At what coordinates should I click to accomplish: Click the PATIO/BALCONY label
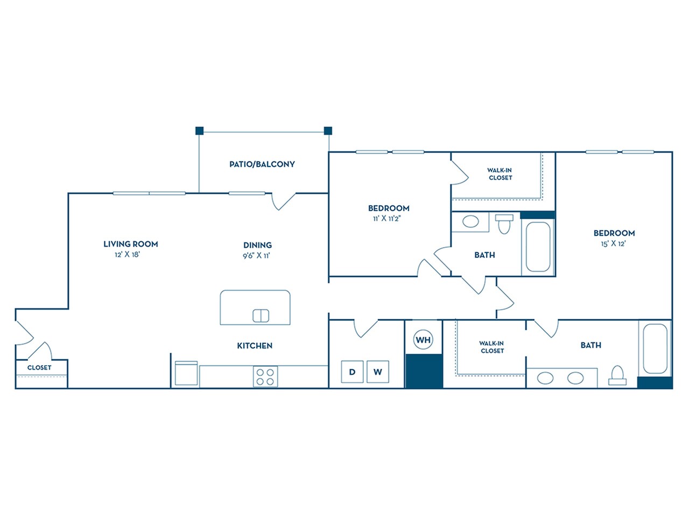[262, 164]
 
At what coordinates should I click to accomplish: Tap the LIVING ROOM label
[131, 244]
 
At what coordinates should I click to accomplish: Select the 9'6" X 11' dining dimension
[256, 256]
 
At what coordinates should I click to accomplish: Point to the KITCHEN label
[255, 346]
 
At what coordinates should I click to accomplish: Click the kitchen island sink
[261, 316]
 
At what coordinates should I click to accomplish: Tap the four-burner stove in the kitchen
[265, 376]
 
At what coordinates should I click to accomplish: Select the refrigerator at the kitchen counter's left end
[186, 373]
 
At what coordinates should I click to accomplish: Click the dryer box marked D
[353, 372]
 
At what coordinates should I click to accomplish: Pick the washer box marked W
[378, 372]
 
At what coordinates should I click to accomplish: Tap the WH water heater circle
[423, 340]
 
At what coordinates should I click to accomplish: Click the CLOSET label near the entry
[39, 368]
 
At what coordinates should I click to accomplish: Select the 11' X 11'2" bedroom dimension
[387, 219]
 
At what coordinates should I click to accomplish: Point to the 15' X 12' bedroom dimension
[613, 244]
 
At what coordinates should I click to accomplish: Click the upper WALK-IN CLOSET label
[500, 174]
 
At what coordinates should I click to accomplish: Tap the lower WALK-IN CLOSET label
[492, 347]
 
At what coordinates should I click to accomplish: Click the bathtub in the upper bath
[538, 247]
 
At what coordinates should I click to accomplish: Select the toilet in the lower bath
[617, 375]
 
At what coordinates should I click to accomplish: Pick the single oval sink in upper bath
[471, 222]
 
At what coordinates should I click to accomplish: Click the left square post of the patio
[199, 130]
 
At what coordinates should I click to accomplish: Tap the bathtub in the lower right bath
[655, 348]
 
